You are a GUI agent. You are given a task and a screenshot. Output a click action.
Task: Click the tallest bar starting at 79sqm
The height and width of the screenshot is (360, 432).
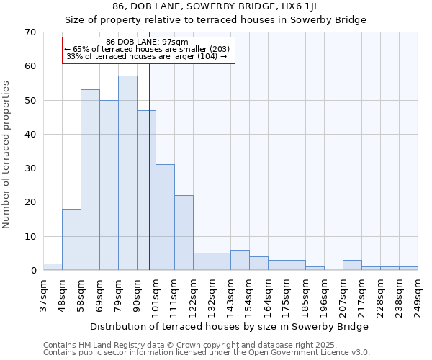[127, 173]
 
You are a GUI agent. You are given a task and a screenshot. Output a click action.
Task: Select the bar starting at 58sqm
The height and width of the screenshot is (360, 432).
[90, 180]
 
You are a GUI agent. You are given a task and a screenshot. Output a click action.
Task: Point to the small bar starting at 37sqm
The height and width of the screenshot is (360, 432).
[53, 266]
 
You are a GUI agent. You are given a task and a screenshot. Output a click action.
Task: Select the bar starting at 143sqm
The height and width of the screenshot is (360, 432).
[240, 260]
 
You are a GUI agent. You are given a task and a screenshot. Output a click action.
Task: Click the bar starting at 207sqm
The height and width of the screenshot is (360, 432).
[352, 265]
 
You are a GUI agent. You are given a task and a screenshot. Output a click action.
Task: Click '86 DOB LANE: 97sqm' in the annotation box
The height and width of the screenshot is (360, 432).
[147, 42]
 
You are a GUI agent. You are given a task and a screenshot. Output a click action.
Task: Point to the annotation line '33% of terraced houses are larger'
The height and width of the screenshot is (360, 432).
[147, 56]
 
